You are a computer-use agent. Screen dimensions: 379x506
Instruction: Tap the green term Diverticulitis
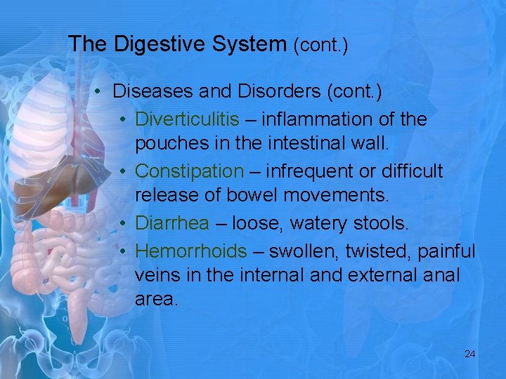pyautogui.click(x=187, y=119)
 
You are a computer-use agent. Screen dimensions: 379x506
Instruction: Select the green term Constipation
pyautogui.click(x=189, y=171)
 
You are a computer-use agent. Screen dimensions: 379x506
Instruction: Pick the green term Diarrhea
pyautogui.click(x=172, y=223)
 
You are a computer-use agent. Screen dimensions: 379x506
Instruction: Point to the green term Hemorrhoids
pyautogui.click(x=190, y=251)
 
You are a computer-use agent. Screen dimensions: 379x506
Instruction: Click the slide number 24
pyautogui.click(x=470, y=354)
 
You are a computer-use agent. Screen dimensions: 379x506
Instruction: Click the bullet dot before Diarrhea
pyautogui.click(x=123, y=224)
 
